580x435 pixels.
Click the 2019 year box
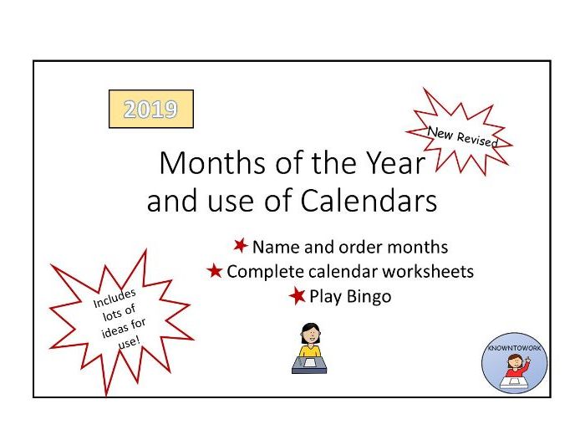[x=151, y=110]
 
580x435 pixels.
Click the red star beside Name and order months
[x=241, y=246]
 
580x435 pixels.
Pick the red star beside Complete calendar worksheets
[x=215, y=271]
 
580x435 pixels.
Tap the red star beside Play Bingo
[x=298, y=295]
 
